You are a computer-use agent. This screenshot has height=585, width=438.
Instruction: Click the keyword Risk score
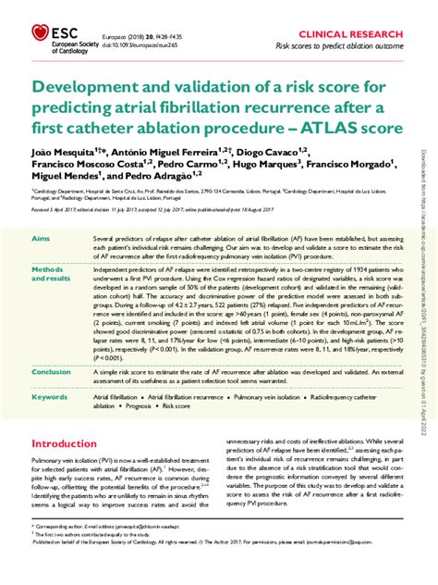point(184,404)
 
